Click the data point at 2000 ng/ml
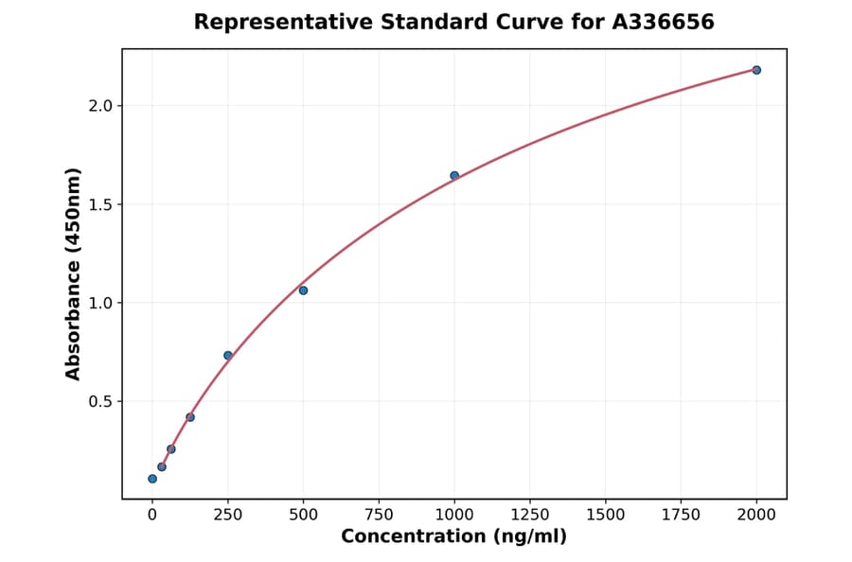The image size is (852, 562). click(x=756, y=70)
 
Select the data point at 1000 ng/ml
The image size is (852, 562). click(x=454, y=175)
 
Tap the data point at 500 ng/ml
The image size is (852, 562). click(x=303, y=290)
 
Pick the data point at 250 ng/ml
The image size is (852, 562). click(x=228, y=356)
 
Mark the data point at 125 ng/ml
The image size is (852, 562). click(x=190, y=417)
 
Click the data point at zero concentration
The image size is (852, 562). click(x=152, y=479)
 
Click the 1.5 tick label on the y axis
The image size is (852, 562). click(x=101, y=204)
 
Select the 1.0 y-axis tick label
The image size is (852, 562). click(x=101, y=303)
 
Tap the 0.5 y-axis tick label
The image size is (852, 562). click(x=101, y=401)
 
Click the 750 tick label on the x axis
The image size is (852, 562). click(x=379, y=515)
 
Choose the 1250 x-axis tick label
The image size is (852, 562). click(x=530, y=515)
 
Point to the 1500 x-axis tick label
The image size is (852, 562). click(x=606, y=515)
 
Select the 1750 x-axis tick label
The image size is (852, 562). click(x=681, y=515)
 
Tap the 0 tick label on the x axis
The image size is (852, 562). click(x=152, y=515)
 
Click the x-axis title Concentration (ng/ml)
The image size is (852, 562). click(x=453, y=537)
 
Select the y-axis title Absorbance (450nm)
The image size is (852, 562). click(x=74, y=273)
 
